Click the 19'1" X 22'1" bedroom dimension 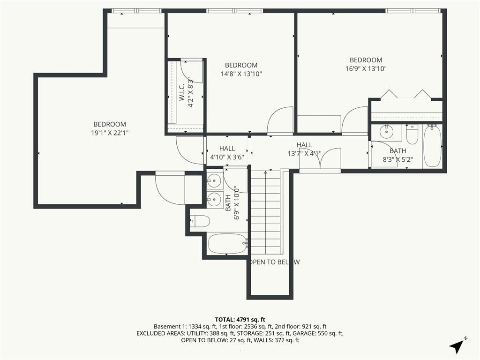(110, 133)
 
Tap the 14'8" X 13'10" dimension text (241, 74)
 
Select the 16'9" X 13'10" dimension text (366, 68)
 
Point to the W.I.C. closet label (181, 91)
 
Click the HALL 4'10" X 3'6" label (227, 153)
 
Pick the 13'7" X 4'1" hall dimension (304, 154)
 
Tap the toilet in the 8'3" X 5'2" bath (412, 135)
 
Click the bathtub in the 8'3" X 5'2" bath (432, 146)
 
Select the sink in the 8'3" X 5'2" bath (386, 132)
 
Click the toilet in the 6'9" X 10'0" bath (200, 221)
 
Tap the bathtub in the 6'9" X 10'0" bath (227, 244)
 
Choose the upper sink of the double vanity (214, 180)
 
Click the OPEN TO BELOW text (274, 262)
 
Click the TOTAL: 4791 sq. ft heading (240, 320)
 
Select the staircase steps (265, 212)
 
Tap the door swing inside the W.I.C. (192, 72)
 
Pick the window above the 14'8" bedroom (234, 11)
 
